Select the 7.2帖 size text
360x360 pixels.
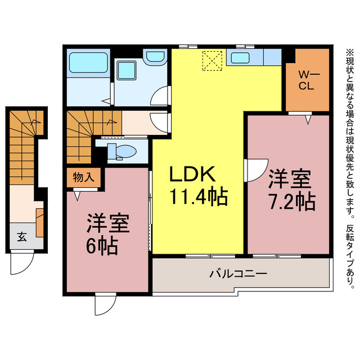(x=290, y=201)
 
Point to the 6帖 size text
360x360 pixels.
(x=102, y=246)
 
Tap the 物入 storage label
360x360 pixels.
(x=84, y=177)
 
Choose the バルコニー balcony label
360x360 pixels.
(x=238, y=274)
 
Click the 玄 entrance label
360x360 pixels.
(x=21, y=236)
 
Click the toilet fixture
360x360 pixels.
(x=122, y=151)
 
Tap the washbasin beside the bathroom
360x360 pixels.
(x=154, y=57)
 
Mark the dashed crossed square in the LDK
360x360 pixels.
(x=213, y=61)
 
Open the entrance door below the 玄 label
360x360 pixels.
(x=20, y=264)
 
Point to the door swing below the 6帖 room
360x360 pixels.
(x=104, y=304)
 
